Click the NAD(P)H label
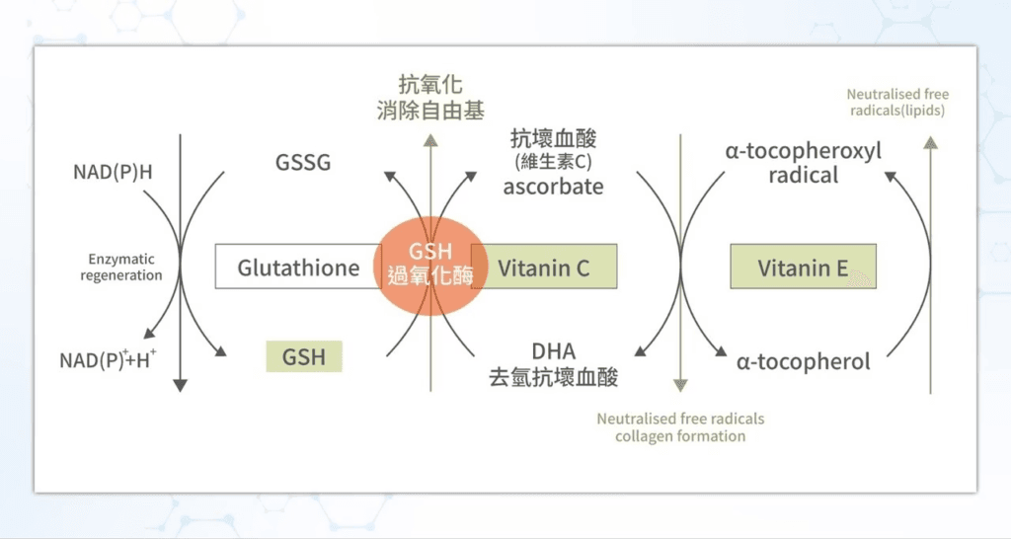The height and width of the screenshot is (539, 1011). (x=114, y=173)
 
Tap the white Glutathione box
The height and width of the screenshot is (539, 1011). (x=298, y=268)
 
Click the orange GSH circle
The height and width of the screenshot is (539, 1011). (x=429, y=264)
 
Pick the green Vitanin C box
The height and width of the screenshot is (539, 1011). (x=544, y=267)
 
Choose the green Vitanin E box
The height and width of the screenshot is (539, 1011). (x=803, y=268)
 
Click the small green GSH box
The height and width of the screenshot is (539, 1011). (x=304, y=356)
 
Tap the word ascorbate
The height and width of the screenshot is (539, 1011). (x=553, y=186)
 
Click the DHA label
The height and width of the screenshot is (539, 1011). (x=553, y=351)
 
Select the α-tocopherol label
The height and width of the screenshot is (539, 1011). (x=804, y=361)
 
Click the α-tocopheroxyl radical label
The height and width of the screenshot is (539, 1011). (x=803, y=163)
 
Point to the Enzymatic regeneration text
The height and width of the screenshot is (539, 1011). (x=121, y=268)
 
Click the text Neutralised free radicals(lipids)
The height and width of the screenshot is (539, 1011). (x=897, y=103)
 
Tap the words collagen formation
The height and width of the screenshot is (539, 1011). (x=680, y=435)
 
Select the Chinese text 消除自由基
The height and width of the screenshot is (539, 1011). (x=430, y=110)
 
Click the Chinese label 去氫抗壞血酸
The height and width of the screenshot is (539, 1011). (x=553, y=376)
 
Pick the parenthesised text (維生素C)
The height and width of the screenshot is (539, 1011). (x=553, y=161)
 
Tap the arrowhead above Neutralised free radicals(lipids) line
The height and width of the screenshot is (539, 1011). (x=929, y=141)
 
